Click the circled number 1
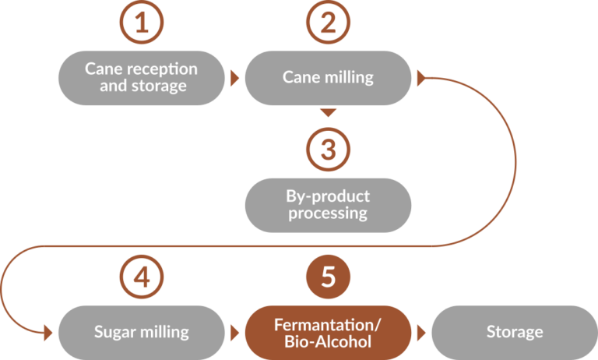tap(141, 23)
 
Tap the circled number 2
tap(328, 23)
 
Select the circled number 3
tap(328, 149)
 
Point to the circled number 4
tap(141, 277)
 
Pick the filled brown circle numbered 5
tap(328, 277)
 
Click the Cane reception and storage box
tap(141, 78)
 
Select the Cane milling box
tap(328, 78)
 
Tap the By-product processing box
tap(328, 205)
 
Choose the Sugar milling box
tap(141, 332)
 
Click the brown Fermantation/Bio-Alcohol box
tap(328, 332)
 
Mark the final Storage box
tap(514, 332)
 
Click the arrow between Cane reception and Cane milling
tap(234, 78)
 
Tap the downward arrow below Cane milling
tap(329, 113)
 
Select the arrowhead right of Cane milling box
tap(422, 78)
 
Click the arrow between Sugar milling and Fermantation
tap(234, 332)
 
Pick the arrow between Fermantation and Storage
tap(421, 332)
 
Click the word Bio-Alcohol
tap(328, 341)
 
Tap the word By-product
tap(328, 196)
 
